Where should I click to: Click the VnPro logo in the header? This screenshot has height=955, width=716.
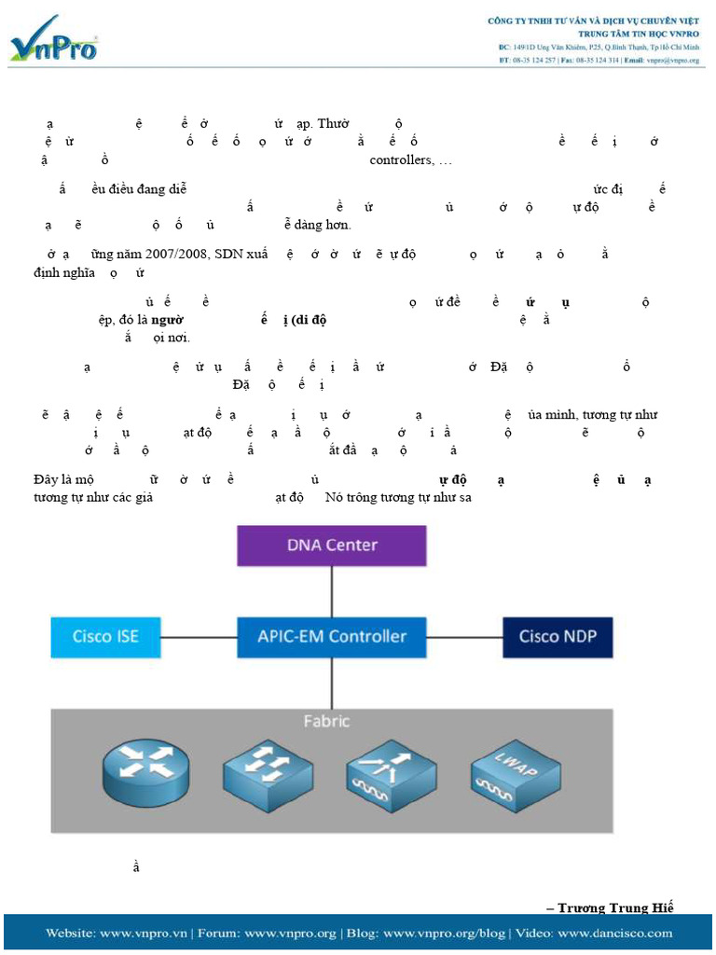(x=53, y=40)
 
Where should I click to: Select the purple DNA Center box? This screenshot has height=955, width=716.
(x=331, y=546)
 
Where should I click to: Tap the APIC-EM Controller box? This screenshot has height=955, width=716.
(x=331, y=637)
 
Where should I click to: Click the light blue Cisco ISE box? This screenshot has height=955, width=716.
(x=105, y=637)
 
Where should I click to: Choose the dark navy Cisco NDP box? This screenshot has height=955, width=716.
(x=558, y=637)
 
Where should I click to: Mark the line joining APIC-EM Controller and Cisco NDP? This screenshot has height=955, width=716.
(x=464, y=638)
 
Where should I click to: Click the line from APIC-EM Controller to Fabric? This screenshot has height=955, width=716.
(x=331, y=683)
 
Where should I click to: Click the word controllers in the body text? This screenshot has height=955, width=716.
(x=401, y=160)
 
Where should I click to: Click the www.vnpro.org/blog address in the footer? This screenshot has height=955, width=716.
(x=444, y=933)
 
